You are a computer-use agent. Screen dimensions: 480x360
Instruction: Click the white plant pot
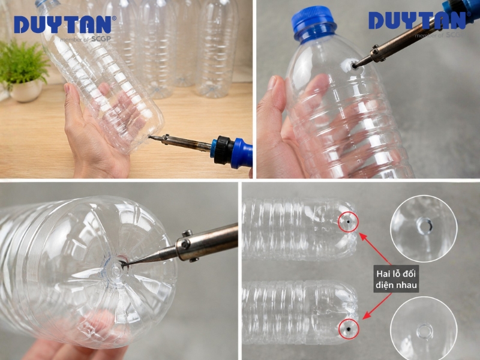[x=26, y=91]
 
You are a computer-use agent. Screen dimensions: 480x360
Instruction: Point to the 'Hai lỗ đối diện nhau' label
[x=396, y=279]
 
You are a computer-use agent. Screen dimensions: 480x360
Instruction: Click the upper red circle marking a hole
[x=348, y=221]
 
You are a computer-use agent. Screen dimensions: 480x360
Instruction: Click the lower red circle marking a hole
[x=349, y=329]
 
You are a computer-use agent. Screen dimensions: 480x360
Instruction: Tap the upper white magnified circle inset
[x=424, y=229]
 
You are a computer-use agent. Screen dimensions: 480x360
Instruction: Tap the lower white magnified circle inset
[x=424, y=329]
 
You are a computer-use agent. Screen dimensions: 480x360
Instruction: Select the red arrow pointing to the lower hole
[x=377, y=306]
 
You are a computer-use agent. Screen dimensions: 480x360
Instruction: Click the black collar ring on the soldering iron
[x=223, y=150]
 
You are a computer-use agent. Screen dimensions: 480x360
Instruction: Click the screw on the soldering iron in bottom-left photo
[x=185, y=244]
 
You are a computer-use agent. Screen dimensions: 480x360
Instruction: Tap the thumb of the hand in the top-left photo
[x=74, y=101]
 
